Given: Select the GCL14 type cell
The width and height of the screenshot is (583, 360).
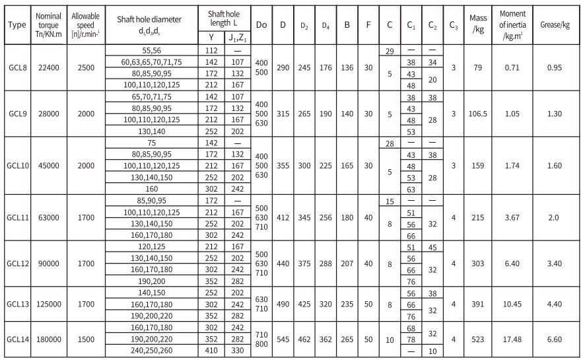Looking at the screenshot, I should [x=17, y=340].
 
